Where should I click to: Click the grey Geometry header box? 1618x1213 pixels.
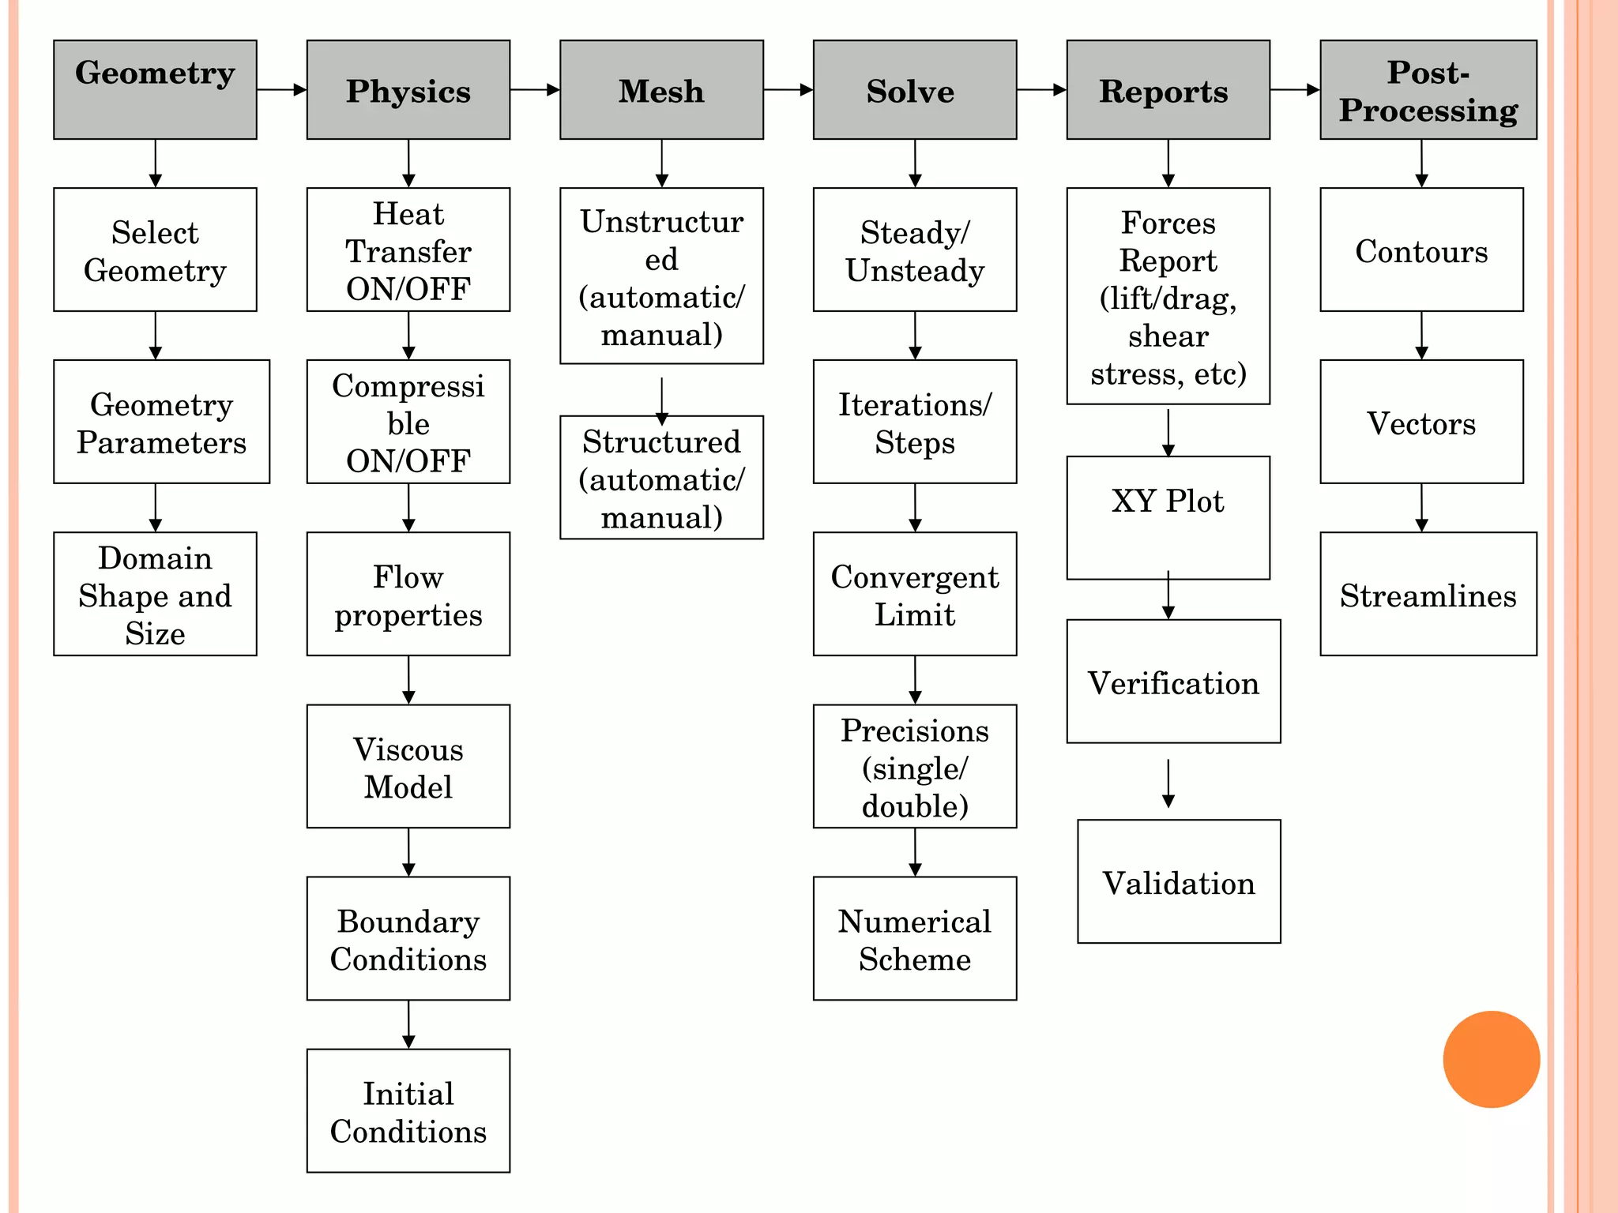tap(155, 89)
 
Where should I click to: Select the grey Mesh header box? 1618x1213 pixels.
tap(661, 89)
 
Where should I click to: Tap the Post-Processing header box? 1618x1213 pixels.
tap(1428, 89)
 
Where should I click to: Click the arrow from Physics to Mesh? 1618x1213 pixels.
tap(535, 90)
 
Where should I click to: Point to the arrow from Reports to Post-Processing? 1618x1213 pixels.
tap(1294, 90)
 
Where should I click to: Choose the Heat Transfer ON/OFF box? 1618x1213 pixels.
tap(408, 250)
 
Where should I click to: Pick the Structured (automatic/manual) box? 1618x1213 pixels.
tap(661, 478)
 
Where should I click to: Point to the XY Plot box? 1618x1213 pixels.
tap(1168, 517)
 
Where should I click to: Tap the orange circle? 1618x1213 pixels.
tap(1491, 1059)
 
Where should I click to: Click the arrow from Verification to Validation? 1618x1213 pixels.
tap(1168, 783)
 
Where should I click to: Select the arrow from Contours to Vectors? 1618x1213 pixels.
tap(1421, 336)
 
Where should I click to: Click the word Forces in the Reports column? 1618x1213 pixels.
tap(1168, 223)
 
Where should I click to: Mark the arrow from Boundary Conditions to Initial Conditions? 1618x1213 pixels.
tap(408, 1024)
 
